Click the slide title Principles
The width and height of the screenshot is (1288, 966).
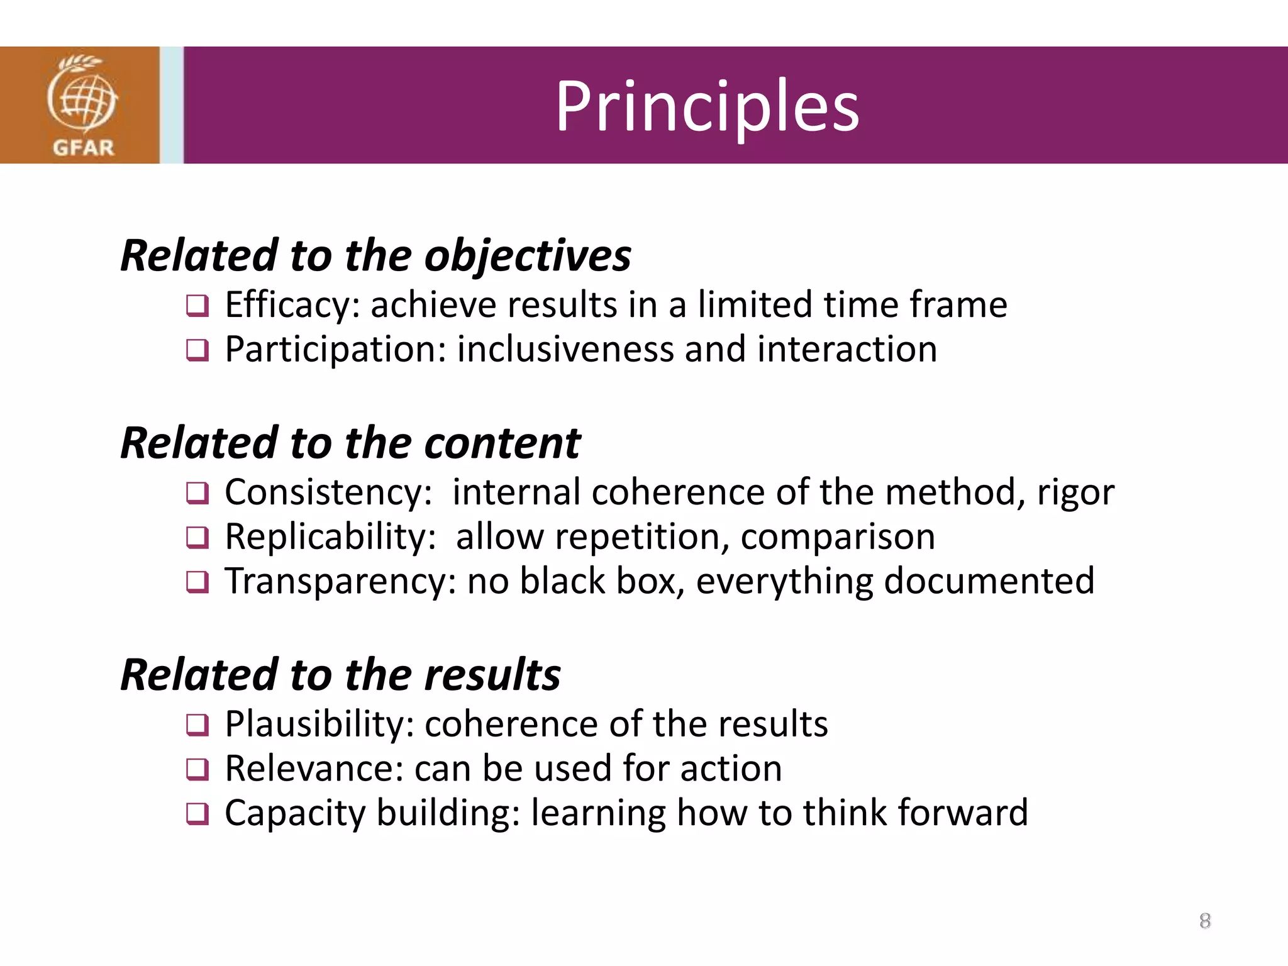707,106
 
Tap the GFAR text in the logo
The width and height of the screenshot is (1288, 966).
83,148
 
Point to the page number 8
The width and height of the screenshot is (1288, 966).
1205,921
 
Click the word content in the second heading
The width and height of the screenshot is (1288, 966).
502,443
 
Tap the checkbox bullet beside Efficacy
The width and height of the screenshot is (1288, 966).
197,306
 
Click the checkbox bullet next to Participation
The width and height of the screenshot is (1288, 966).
197,350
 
